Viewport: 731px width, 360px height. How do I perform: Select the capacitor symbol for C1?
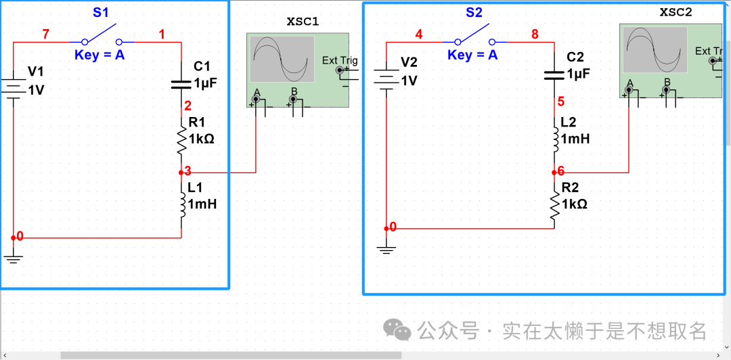click(181, 83)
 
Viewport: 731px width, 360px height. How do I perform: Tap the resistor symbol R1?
click(181, 139)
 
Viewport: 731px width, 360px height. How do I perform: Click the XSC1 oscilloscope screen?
click(282, 60)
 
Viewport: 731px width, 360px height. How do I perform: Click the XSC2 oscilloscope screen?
click(655, 49)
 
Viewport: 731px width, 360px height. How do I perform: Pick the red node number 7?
click(45, 34)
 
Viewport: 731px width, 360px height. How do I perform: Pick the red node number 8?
click(535, 34)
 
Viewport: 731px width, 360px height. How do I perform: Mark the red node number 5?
click(560, 102)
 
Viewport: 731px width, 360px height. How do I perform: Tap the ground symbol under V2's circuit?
click(386, 250)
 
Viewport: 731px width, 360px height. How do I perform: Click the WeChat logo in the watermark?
click(397, 330)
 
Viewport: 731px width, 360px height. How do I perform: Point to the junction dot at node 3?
click(181, 173)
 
